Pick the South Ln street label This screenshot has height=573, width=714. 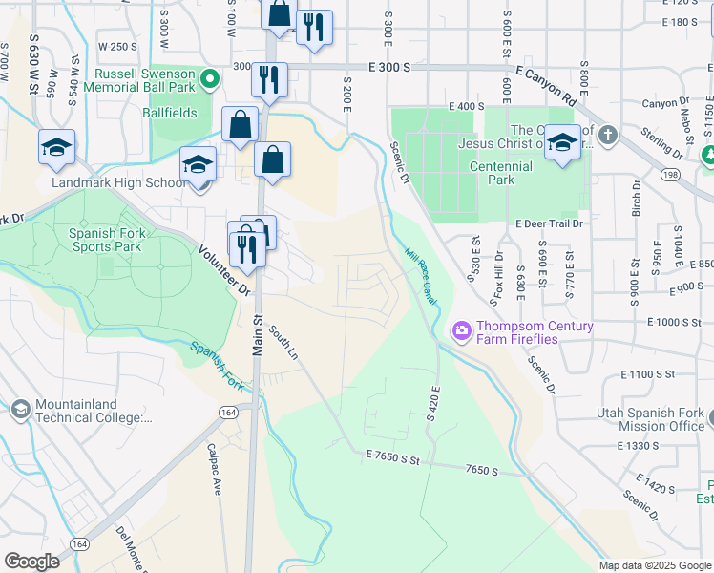(x=283, y=343)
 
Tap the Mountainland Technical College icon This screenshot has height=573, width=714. (x=20, y=410)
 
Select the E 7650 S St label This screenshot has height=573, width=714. (x=392, y=460)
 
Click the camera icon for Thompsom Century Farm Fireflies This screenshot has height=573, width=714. (x=462, y=331)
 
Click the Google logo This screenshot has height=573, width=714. (x=31, y=562)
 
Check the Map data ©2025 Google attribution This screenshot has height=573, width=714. (x=654, y=565)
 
